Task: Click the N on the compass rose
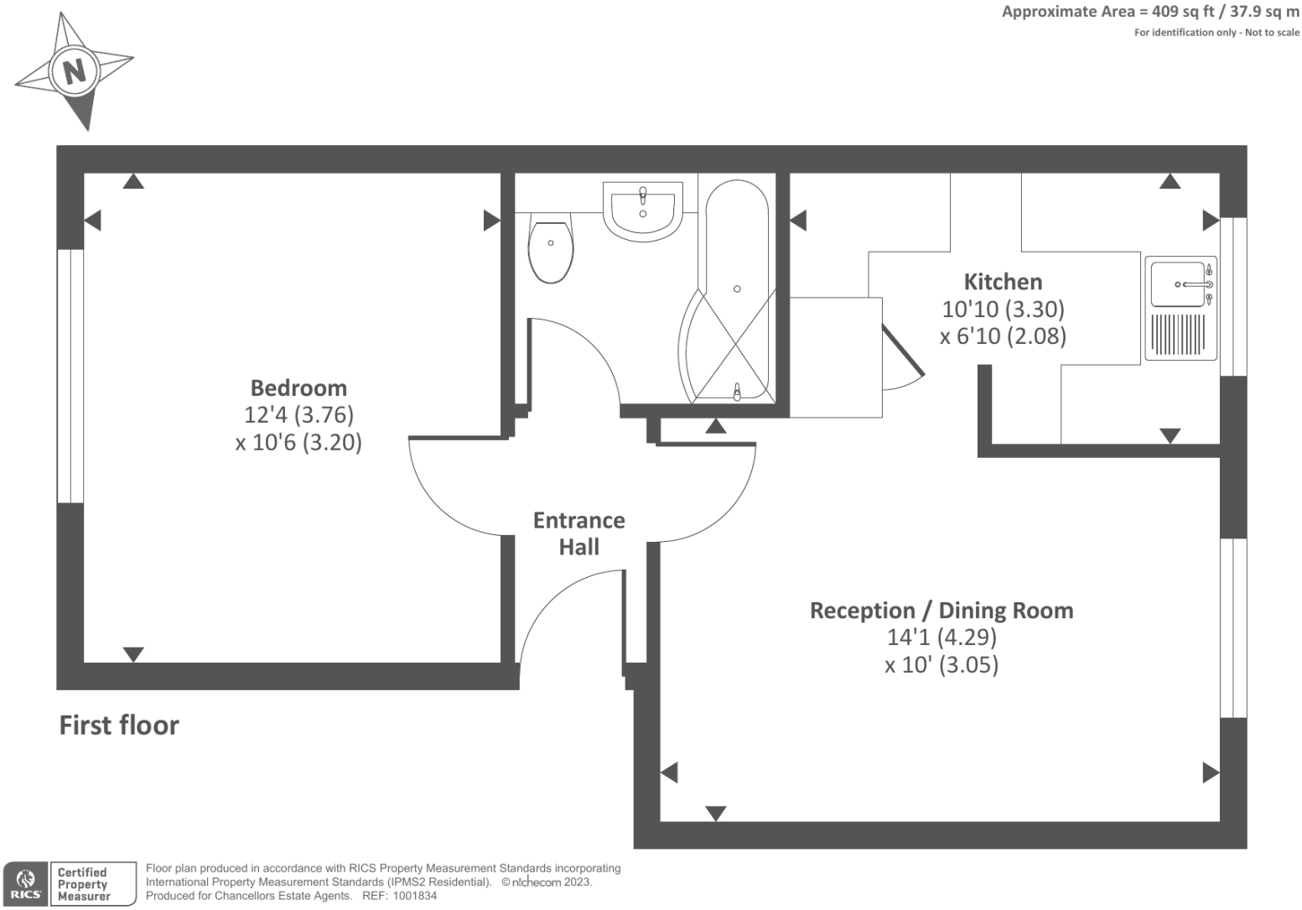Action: [x=75, y=72]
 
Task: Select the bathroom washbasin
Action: [x=643, y=211]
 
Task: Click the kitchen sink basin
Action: [x=1178, y=284]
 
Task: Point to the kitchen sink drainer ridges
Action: [x=1178, y=335]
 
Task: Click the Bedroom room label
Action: [x=298, y=387]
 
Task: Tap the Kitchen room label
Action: [x=1004, y=282]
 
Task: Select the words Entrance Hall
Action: [x=579, y=533]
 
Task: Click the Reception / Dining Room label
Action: [x=941, y=611]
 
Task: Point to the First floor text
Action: [x=119, y=725]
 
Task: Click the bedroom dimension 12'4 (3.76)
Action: [x=298, y=414]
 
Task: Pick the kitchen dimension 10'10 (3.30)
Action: [x=1004, y=309]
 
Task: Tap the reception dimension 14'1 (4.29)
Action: [x=941, y=637]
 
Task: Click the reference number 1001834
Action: [x=414, y=896]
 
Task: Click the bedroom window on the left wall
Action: [x=70, y=377]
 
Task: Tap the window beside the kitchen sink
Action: [x=1232, y=297]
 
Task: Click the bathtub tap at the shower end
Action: [x=737, y=392]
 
